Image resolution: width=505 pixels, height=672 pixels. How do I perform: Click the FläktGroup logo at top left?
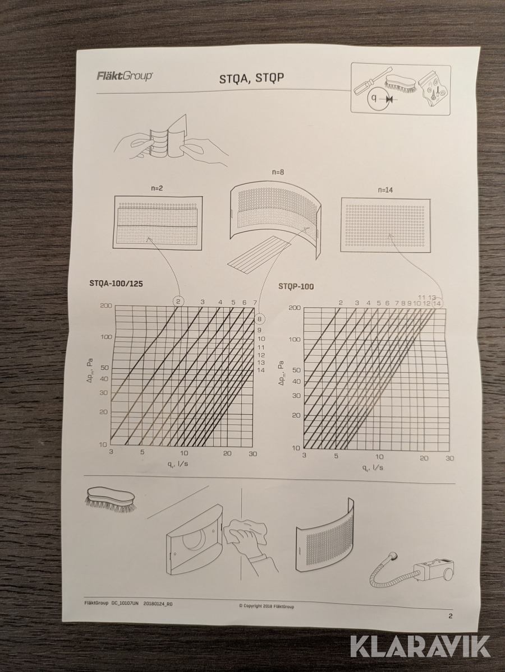(124, 76)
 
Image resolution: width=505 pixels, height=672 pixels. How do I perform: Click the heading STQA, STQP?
(251, 79)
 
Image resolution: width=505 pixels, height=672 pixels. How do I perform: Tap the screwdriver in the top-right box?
(369, 82)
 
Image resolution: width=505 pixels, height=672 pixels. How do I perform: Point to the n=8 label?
(278, 172)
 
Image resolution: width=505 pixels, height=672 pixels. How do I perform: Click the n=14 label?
(385, 190)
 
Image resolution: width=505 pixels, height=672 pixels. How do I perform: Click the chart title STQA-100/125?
(116, 283)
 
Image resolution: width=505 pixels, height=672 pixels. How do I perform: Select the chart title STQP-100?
(296, 286)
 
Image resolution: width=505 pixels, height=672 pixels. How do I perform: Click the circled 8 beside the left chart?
(260, 319)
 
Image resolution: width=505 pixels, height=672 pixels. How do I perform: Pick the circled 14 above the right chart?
(437, 303)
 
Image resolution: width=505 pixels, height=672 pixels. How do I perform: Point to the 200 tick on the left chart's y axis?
(106, 305)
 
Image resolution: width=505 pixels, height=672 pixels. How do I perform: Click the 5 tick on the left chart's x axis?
(143, 452)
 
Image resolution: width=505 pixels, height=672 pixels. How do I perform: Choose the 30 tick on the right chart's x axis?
(449, 458)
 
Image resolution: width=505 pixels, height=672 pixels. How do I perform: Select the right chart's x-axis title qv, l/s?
(372, 467)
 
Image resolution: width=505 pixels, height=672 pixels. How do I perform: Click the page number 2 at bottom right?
(450, 617)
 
